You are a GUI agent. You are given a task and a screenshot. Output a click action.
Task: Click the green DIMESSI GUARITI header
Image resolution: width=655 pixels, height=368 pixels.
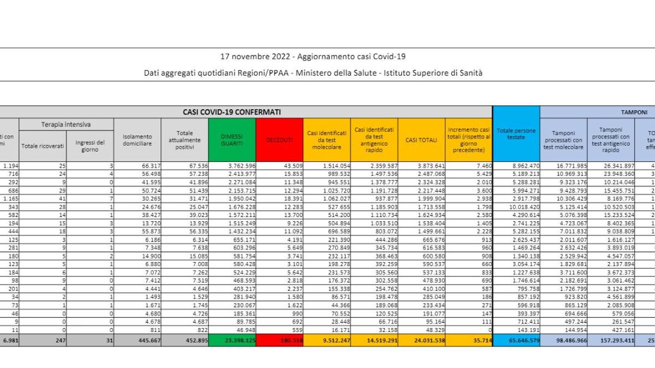231,140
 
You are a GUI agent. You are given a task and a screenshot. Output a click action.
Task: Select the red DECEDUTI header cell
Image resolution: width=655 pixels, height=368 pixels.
279,140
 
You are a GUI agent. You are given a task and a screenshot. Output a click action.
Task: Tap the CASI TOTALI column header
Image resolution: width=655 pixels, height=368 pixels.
421,140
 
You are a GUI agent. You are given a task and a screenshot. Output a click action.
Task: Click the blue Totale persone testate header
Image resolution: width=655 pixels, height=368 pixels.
516,134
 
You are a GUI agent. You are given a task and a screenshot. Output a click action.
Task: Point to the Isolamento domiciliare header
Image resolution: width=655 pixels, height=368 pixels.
138,140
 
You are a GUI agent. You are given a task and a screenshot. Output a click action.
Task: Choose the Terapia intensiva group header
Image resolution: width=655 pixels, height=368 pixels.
66,125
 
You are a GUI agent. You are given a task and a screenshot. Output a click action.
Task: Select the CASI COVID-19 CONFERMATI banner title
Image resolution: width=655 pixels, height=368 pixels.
232,112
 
